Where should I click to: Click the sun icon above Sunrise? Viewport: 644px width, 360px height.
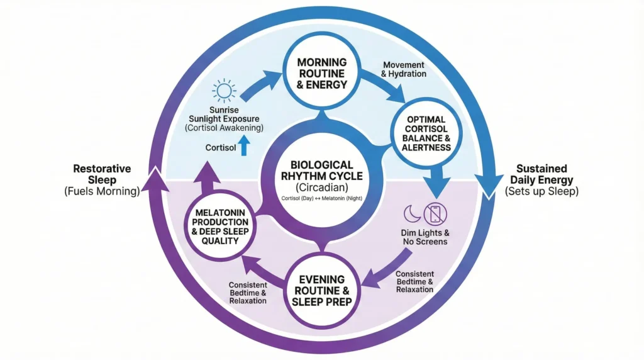click(x=224, y=92)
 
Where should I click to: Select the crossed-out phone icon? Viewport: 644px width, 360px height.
click(x=435, y=215)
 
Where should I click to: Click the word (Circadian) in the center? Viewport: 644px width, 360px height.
click(x=322, y=187)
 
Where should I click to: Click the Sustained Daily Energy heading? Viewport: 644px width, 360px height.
click(x=541, y=174)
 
